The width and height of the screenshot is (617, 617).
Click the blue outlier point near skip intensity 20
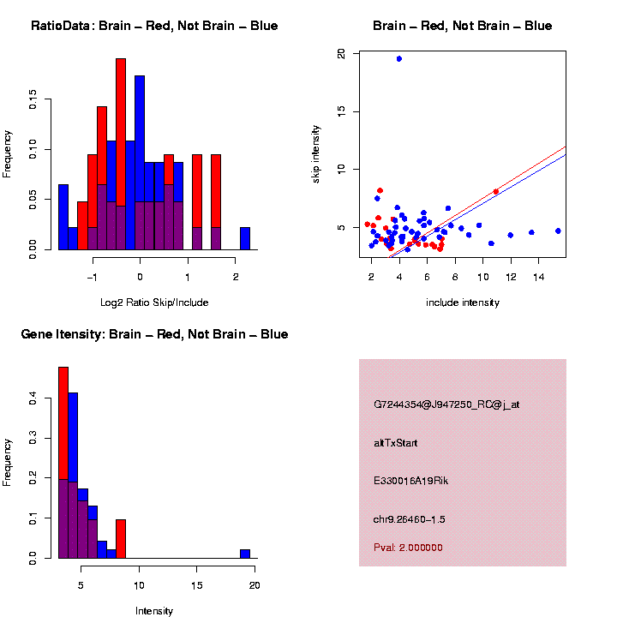(399, 58)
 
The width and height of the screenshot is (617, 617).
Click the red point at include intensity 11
(496, 192)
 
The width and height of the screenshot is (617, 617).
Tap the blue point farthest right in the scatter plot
(558, 231)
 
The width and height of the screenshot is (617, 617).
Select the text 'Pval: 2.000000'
(408, 548)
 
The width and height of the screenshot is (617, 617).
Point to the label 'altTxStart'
(395, 443)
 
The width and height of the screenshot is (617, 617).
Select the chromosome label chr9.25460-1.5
(409, 519)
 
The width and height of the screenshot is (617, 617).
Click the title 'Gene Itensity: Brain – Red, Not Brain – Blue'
(154, 334)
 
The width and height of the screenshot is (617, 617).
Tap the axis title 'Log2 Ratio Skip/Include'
(154, 302)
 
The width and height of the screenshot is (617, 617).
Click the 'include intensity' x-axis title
(463, 302)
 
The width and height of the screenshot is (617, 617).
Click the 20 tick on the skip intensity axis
(342, 53)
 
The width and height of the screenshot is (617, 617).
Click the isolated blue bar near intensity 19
(245, 554)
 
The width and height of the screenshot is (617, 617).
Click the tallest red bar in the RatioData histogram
(121, 154)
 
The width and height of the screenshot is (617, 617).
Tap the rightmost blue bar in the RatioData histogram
(245, 238)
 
